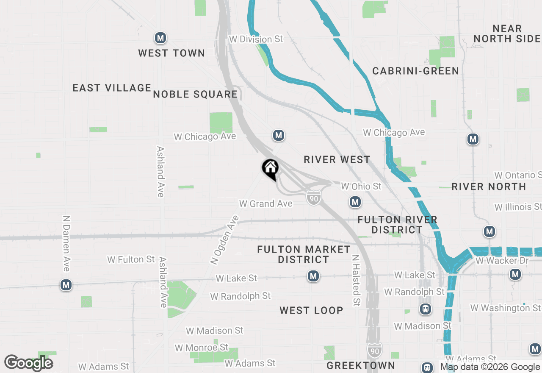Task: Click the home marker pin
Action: point(270,169)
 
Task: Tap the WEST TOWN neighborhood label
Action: point(171,53)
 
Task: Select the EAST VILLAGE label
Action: point(112,88)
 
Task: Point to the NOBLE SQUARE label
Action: point(195,94)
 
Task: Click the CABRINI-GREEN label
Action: point(415,71)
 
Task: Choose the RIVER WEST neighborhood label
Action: point(337,159)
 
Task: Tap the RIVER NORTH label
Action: point(489,186)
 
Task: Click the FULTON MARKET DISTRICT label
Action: point(304,254)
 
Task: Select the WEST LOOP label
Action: point(311,310)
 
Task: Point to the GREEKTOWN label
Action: point(361,365)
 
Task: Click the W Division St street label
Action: point(256,39)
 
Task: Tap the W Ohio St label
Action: point(361,186)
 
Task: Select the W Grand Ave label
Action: point(266,204)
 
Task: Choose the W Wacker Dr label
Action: point(502,261)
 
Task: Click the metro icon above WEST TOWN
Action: point(160,38)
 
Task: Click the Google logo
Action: point(29,363)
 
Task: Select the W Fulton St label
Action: point(131,259)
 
